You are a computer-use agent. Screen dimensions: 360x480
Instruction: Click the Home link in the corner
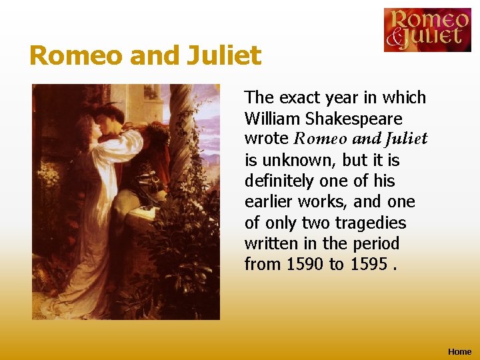pos(459,351)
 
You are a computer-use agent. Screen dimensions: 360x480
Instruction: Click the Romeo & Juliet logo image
pos(427,30)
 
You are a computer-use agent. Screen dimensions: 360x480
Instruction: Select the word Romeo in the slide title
pos(76,55)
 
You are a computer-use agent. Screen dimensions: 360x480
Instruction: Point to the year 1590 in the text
pos(305,264)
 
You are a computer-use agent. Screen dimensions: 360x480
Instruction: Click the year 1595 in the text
pos(369,264)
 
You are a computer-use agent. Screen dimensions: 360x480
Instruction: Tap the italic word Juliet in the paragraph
pos(404,139)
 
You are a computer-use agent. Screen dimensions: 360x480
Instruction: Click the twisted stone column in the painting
pos(183,133)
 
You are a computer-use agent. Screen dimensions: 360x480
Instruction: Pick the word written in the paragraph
pos(270,243)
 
